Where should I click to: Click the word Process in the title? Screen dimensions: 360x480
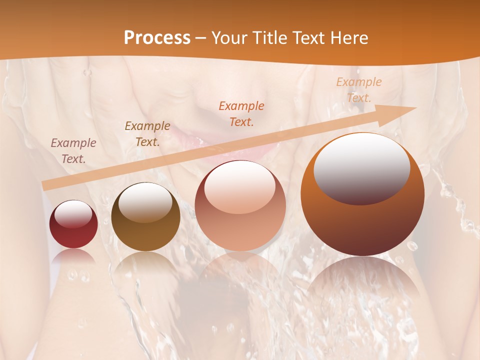[x=157, y=38]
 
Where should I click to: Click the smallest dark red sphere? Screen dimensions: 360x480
[x=73, y=224]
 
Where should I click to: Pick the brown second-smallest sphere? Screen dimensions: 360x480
[x=145, y=217]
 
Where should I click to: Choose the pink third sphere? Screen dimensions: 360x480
[x=240, y=206]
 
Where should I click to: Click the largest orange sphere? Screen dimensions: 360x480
[x=362, y=195]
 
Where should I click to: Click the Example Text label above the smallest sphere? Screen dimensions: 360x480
[x=73, y=151]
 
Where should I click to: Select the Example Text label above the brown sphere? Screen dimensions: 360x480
[x=147, y=134]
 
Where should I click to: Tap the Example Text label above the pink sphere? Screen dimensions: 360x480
[x=241, y=113]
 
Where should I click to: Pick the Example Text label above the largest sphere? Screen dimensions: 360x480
[x=359, y=90]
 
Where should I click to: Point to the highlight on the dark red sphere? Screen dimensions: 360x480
[x=73, y=214]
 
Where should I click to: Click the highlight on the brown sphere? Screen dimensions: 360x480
[x=145, y=201]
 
